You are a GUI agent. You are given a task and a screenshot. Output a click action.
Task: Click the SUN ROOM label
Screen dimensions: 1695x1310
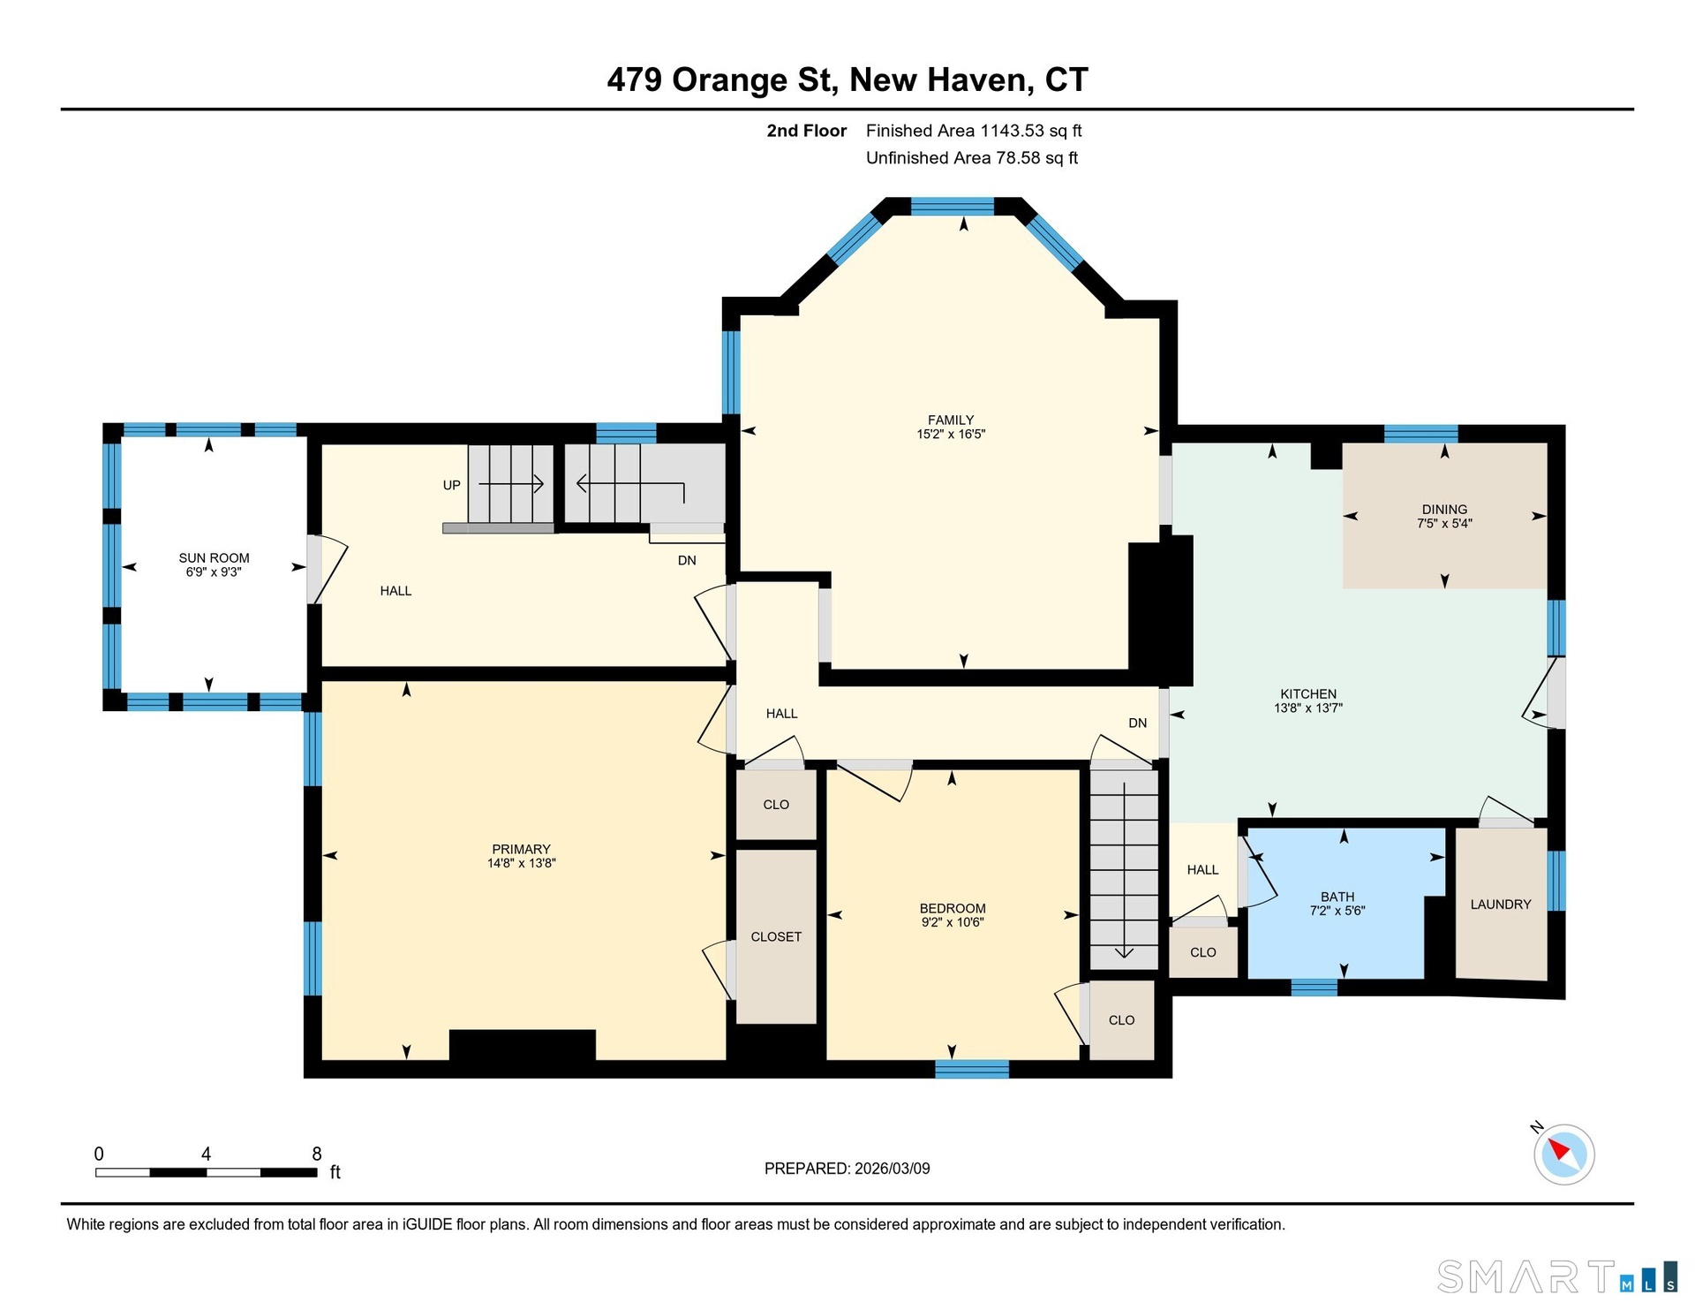[214, 557]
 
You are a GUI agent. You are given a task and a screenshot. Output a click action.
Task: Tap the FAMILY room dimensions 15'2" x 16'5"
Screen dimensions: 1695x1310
[951, 434]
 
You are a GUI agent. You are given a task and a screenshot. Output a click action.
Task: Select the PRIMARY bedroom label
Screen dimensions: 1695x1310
[521, 849]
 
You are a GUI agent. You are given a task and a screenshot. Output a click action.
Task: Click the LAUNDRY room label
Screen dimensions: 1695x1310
[1501, 904]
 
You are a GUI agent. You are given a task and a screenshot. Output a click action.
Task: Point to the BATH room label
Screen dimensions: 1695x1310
[1337, 897]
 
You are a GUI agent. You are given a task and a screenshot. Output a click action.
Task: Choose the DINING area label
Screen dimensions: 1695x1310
[1444, 509]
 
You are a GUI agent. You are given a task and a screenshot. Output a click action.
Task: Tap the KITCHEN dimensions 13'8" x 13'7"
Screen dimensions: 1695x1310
[1308, 708]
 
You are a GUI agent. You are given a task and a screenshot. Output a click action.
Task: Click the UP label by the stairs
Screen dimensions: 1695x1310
[452, 485]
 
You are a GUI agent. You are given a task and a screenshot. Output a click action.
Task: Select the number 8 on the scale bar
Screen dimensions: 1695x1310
[317, 1154]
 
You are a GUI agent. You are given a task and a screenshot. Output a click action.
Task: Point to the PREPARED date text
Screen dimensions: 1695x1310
[847, 1168]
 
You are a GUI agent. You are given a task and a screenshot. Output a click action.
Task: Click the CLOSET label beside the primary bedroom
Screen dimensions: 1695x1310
[776, 936]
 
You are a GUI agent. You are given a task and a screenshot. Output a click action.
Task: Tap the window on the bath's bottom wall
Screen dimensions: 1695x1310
[1314, 988]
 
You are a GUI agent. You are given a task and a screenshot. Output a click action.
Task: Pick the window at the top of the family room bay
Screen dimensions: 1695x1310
[953, 207]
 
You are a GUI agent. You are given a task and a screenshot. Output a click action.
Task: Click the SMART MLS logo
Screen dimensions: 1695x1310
[1557, 1276]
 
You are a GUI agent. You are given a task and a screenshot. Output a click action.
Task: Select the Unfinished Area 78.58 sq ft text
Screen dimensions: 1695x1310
[972, 158]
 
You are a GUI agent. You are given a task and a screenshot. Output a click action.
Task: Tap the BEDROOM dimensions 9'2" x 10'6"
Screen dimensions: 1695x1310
[953, 922]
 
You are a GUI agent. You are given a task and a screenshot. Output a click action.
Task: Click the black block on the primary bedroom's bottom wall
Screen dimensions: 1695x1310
[523, 1045]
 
